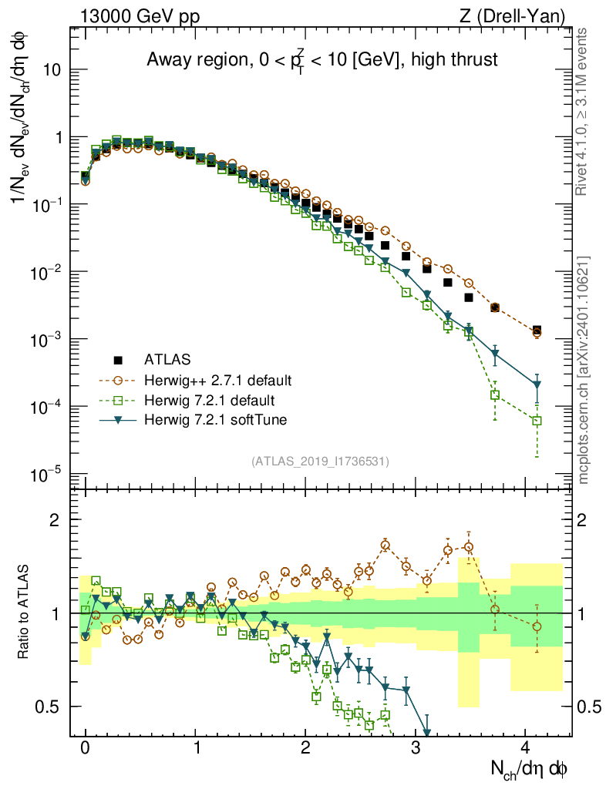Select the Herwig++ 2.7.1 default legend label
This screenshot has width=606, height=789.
[217, 380]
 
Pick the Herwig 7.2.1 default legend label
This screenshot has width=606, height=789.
[210, 400]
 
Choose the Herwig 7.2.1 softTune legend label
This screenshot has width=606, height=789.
[214, 420]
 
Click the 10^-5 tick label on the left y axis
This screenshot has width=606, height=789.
[46, 474]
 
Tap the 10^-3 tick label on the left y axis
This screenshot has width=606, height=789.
[46, 340]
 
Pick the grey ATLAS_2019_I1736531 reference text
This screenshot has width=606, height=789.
[320, 462]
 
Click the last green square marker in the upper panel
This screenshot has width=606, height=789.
[537, 421]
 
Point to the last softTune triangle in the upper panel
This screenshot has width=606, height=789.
[537, 384]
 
